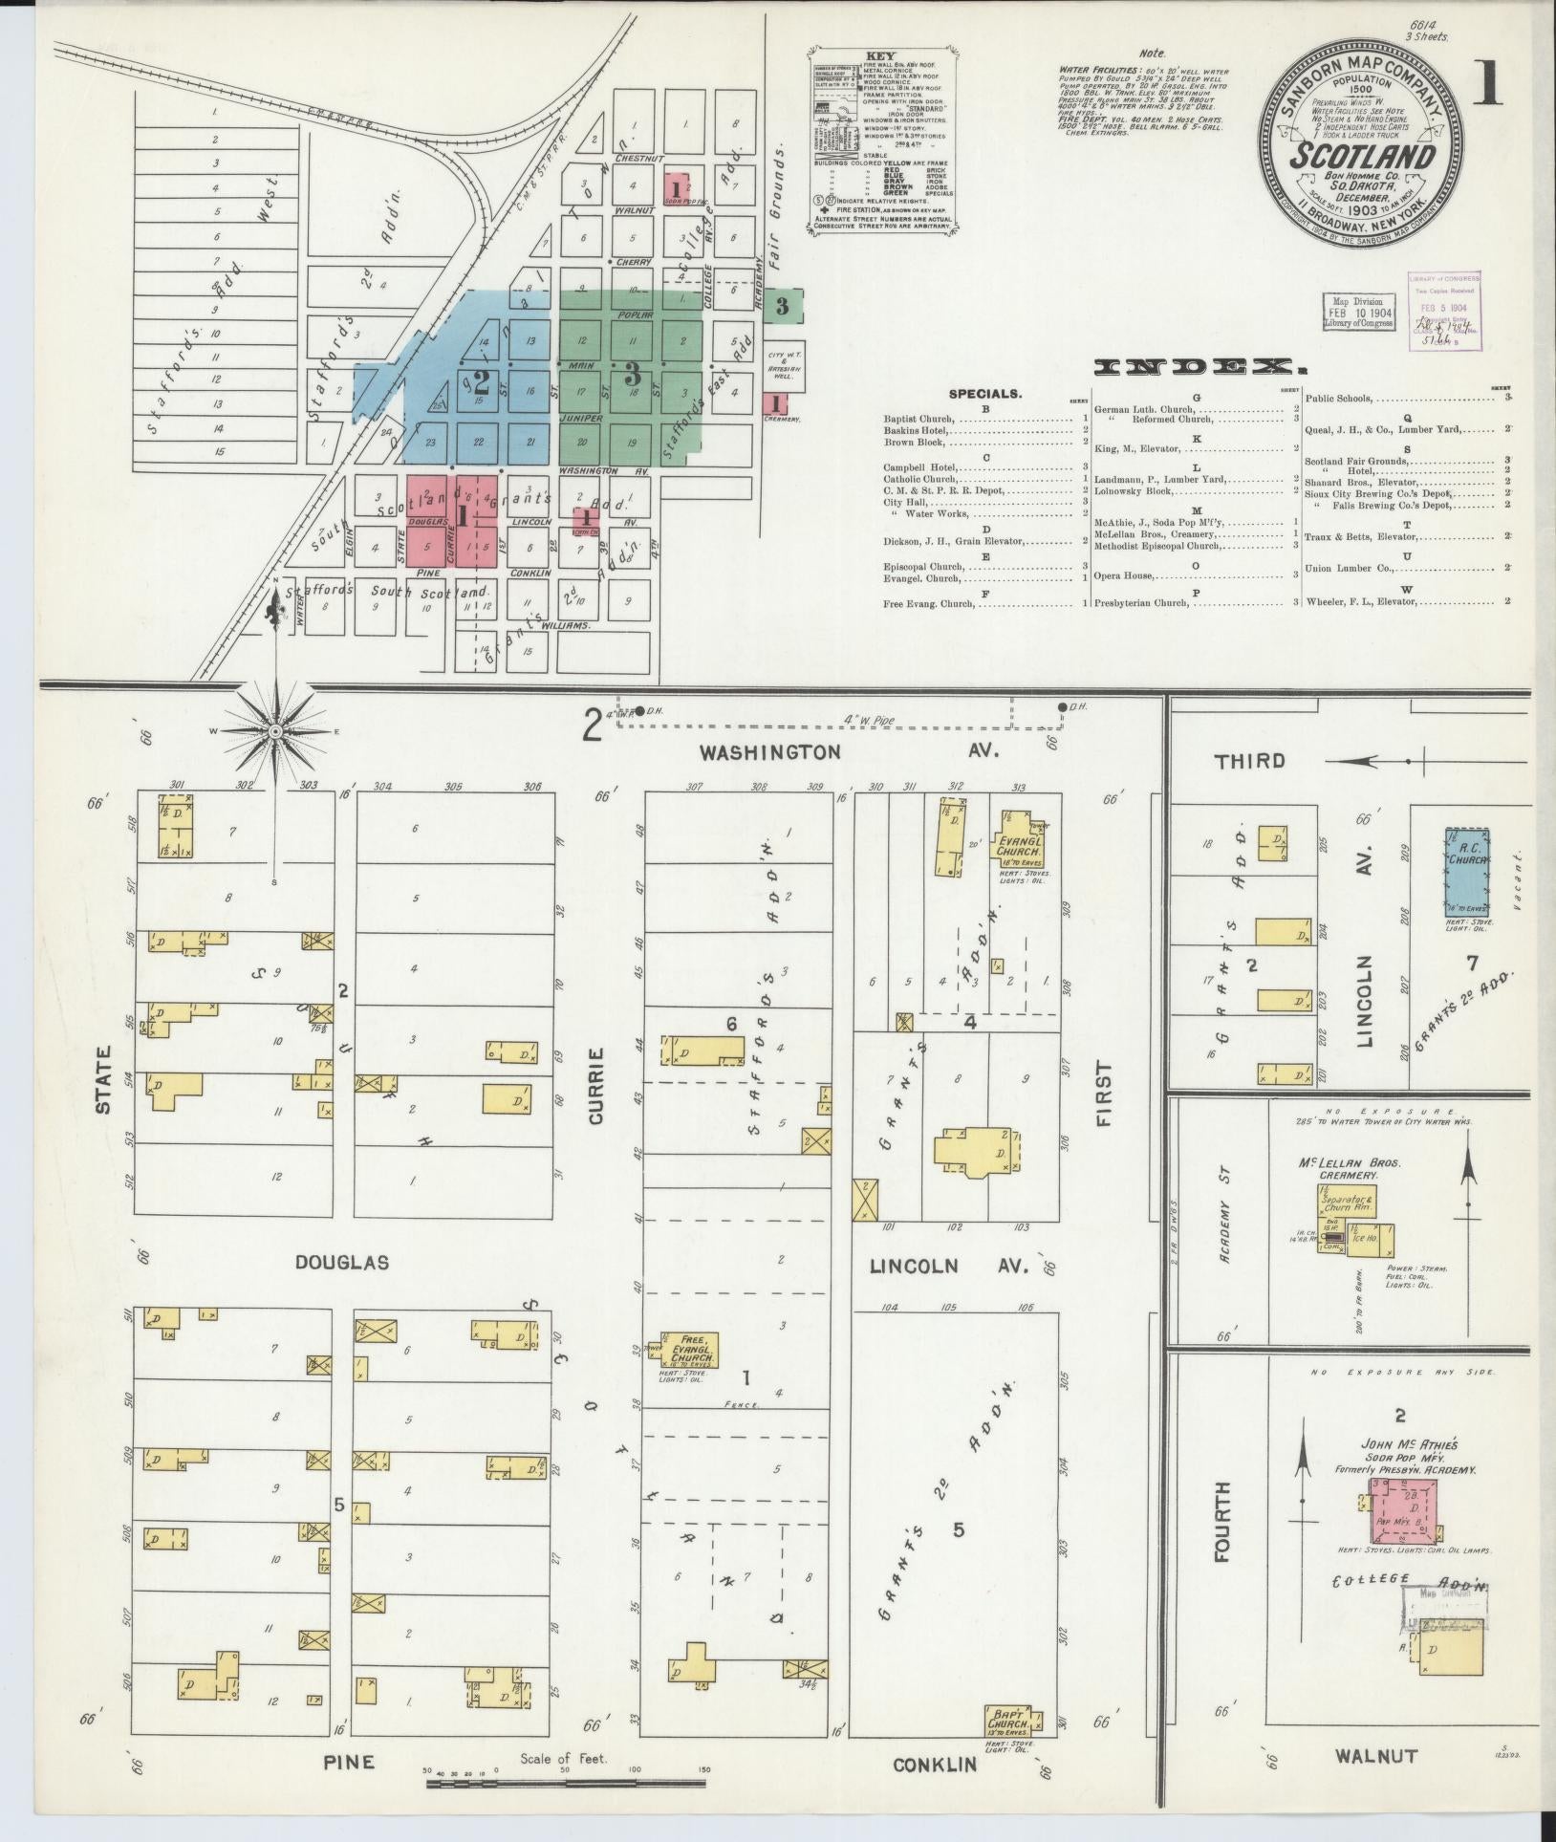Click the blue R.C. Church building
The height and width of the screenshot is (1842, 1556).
click(1467, 871)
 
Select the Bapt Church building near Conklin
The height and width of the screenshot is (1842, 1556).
click(1008, 1719)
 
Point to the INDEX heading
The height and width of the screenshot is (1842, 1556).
click(1199, 366)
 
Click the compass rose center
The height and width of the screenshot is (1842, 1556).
click(275, 731)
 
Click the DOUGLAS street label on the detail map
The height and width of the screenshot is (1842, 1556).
click(341, 1263)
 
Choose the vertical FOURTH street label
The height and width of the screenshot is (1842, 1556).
click(1222, 1522)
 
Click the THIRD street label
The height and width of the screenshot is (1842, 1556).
click(1249, 761)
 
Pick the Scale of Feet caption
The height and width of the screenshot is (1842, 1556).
click(563, 1758)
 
